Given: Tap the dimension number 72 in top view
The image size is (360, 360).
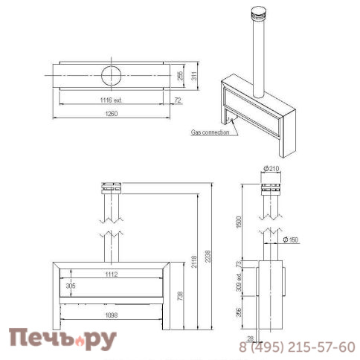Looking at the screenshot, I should pos(176,98).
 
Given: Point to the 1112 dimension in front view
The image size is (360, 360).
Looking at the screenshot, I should pos(112,274).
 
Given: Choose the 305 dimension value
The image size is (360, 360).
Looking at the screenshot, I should pos(71,285).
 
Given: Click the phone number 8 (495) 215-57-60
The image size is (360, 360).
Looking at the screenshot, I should pos(296,347).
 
